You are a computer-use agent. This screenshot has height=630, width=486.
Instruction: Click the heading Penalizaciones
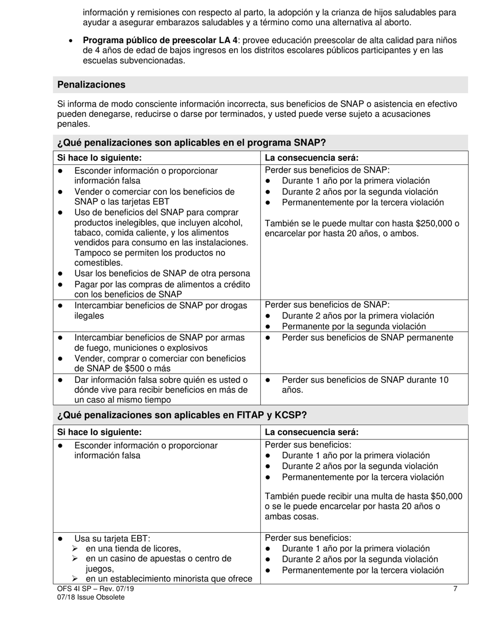coord(91,85)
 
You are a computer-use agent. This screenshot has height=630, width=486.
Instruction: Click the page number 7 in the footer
coord(455,589)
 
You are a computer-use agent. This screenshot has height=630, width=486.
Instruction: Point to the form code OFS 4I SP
coord(76,589)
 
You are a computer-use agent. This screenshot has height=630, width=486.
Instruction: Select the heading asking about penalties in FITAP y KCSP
coord(182,415)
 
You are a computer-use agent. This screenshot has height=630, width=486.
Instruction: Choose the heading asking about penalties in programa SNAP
coord(191,143)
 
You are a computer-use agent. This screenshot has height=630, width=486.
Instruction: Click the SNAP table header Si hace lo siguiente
coord(99,158)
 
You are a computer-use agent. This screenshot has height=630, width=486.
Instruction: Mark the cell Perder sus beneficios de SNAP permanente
coord(367,338)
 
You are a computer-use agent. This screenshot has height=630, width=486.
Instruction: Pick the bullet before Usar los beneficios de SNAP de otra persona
coord(61,274)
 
